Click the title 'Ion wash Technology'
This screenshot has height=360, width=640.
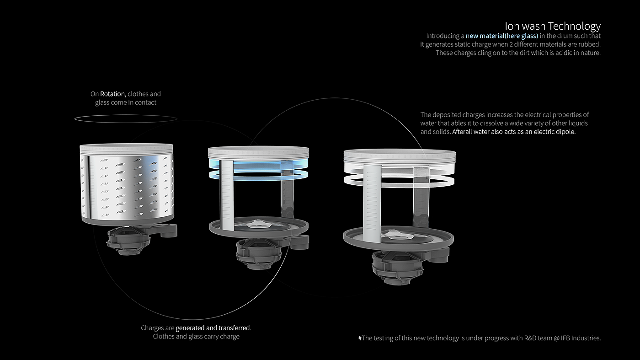(x=553, y=26)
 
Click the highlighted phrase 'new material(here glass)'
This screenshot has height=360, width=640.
(x=502, y=36)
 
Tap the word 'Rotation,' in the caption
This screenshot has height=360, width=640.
(x=113, y=94)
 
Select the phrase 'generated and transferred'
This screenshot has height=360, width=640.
(x=213, y=328)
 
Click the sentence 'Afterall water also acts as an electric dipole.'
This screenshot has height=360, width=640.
(x=514, y=132)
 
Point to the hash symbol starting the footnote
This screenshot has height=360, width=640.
(x=360, y=338)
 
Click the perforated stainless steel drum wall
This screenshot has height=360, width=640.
(x=127, y=187)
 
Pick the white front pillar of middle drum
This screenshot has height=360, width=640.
(x=227, y=195)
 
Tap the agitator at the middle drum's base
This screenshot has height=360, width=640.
(x=257, y=224)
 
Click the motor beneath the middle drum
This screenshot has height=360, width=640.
(x=259, y=254)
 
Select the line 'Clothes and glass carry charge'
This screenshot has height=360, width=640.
(x=196, y=337)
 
